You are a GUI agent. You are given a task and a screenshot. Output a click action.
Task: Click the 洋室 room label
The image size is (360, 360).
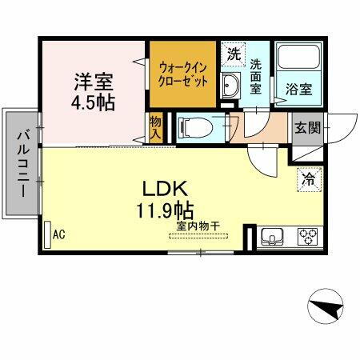94,82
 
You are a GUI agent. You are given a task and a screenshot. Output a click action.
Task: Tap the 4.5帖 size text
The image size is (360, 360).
94,103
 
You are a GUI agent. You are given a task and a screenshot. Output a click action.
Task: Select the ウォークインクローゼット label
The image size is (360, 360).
182,75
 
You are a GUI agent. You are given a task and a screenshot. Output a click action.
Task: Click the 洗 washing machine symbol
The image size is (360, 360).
233,56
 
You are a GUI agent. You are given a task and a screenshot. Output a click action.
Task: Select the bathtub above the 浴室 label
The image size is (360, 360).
298,62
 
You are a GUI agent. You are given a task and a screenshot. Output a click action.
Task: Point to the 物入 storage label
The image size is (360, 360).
157,128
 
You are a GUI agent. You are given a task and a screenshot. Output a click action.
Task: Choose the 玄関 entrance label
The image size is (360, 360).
307,127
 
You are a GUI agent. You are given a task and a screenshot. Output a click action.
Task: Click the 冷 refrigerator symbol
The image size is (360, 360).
307,180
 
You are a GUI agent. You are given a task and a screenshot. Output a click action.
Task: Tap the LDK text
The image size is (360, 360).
165,190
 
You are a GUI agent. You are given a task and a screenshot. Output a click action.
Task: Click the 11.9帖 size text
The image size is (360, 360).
165,212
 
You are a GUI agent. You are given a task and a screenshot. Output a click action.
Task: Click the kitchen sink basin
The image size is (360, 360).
271,236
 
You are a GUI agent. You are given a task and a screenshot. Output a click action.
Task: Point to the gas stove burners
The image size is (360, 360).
307,236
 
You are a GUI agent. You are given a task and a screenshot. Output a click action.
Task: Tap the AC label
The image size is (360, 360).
58,234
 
